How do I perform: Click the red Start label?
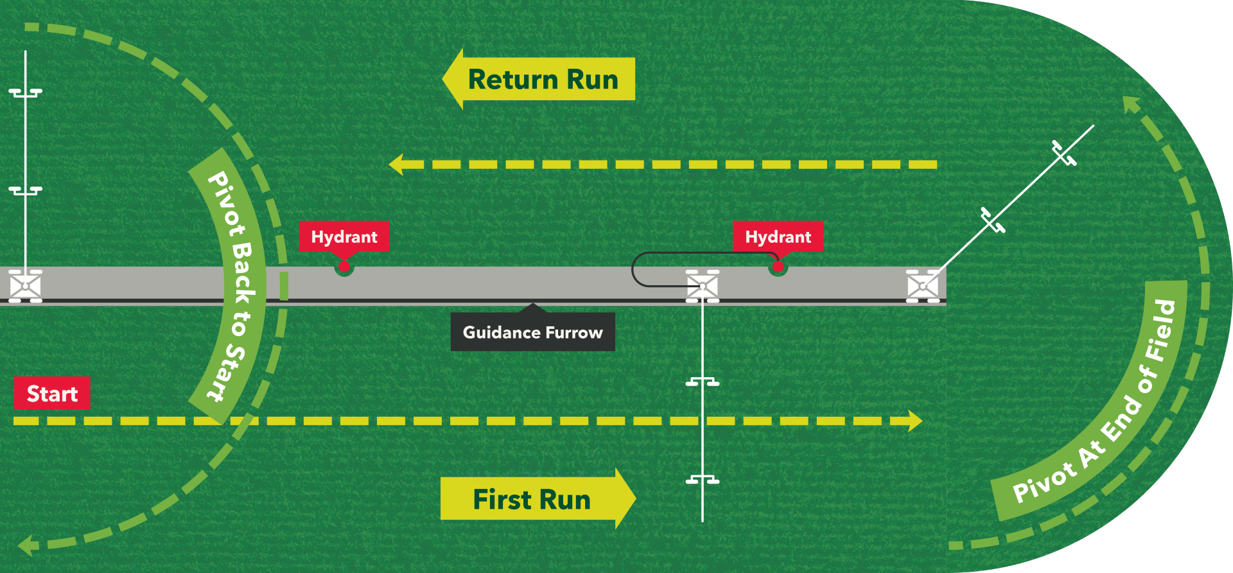pyautogui.click(x=52, y=393)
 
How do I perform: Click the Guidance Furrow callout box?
pyautogui.click(x=532, y=332)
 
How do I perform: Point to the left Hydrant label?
pyautogui.click(x=344, y=236)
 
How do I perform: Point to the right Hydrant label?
pyautogui.click(x=778, y=236)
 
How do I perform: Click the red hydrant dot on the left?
pyautogui.click(x=344, y=267)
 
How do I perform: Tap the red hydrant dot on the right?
pyautogui.click(x=778, y=267)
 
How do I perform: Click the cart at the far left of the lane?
pyautogui.click(x=25, y=286)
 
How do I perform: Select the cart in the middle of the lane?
pyautogui.click(x=703, y=286)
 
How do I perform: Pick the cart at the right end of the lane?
pyautogui.click(x=923, y=286)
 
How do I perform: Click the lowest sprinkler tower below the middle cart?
pyautogui.click(x=703, y=480)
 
